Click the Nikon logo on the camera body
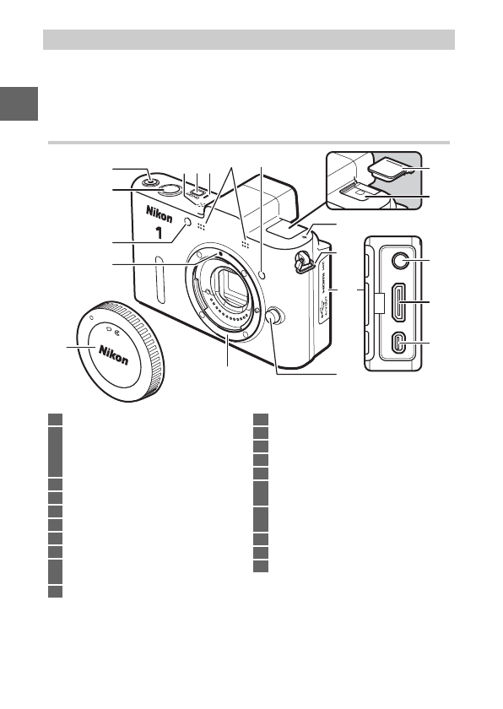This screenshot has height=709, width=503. (160, 212)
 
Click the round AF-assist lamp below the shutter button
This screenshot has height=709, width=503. (187, 223)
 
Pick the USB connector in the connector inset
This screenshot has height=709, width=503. (400, 344)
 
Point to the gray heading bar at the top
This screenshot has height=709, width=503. (249, 39)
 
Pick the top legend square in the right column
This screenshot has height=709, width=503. (262, 418)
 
